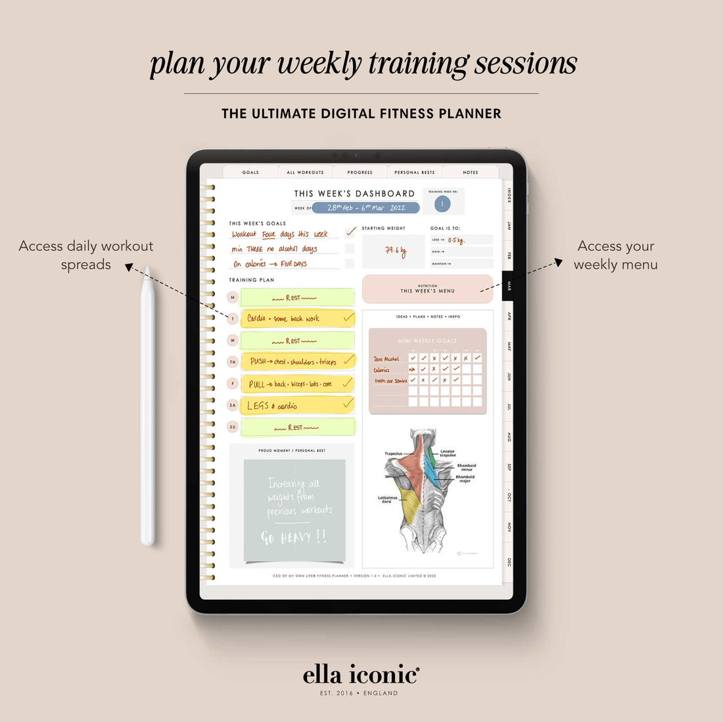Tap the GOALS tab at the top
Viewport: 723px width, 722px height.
point(250,172)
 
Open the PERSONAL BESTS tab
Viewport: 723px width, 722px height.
point(414,172)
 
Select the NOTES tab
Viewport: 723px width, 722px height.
point(470,172)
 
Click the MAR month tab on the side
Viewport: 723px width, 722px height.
point(508,286)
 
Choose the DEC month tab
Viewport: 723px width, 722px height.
point(509,562)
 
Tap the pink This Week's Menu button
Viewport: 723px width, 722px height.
point(427,289)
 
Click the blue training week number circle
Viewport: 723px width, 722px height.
point(442,204)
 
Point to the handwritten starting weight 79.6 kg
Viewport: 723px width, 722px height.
point(394,251)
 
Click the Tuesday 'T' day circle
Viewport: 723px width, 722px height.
point(232,319)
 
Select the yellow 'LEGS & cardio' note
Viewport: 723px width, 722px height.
point(297,405)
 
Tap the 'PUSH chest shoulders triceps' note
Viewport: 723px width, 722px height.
point(297,361)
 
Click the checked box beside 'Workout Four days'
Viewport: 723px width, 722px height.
point(350,232)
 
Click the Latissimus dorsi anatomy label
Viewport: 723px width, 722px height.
point(388,500)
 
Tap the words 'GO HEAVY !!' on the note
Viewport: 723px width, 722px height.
point(293,537)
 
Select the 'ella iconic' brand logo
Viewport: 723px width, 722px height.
point(361,675)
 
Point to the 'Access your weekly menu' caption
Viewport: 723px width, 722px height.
point(615,255)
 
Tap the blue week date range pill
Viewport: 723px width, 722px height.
point(365,208)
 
